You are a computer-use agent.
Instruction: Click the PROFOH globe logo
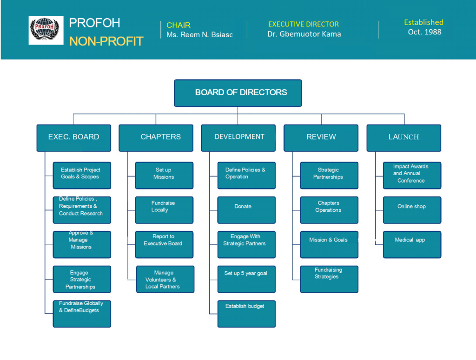[x=46, y=30]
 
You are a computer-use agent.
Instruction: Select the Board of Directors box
[x=238, y=93]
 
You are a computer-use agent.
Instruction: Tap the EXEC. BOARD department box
[x=74, y=138]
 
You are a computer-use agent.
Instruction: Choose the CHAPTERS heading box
[x=156, y=138]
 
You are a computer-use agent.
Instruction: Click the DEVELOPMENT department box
[x=238, y=138]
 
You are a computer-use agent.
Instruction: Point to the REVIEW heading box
[x=321, y=138]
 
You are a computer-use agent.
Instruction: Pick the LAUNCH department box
[x=404, y=138]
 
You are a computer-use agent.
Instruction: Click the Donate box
[x=246, y=210]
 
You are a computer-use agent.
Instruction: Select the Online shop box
[x=412, y=210]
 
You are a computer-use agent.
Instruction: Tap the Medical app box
[x=412, y=245]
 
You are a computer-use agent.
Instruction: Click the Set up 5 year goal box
[x=246, y=279]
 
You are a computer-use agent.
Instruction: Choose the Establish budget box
[x=246, y=314]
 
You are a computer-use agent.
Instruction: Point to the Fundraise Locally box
[x=164, y=210]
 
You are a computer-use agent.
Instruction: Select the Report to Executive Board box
[x=164, y=245]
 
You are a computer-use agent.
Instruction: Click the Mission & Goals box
[x=329, y=245]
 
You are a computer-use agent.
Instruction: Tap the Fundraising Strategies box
[x=329, y=279]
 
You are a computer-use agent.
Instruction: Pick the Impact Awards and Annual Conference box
[x=412, y=176]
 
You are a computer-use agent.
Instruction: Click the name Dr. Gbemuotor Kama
[x=304, y=34]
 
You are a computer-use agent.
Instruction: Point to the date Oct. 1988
[x=424, y=32]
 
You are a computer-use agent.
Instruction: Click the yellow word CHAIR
[x=178, y=25]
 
